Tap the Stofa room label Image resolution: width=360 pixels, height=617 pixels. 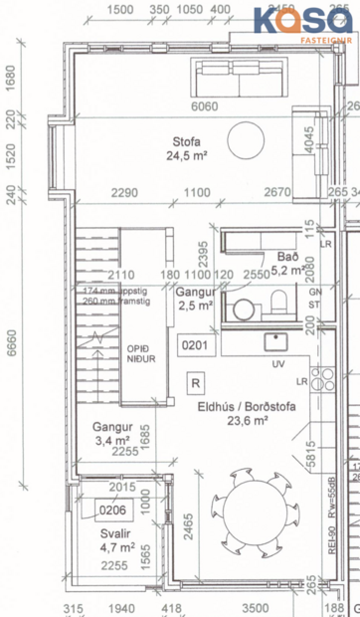coord(185,149)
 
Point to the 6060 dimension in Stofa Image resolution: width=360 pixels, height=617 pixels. coord(204,105)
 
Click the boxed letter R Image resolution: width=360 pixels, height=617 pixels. coord(196,382)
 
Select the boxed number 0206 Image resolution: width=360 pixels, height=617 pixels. coord(110,485)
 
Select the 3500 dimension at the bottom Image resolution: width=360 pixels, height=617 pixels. coord(256,607)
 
